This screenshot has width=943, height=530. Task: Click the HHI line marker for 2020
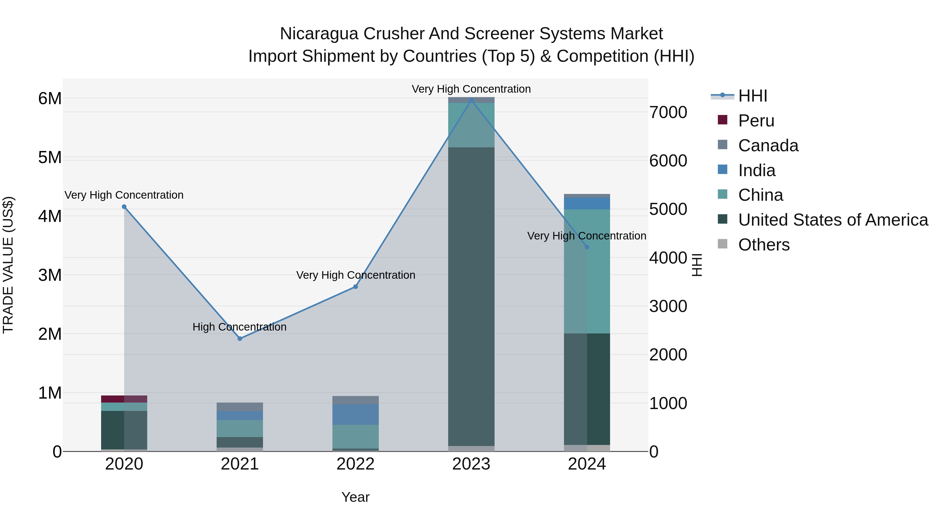[x=124, y=207]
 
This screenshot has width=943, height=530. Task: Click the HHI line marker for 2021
[x=240, y=339]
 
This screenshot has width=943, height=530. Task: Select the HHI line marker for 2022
[x=355, y=287]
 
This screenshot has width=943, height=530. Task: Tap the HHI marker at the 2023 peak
[x=471, y=100]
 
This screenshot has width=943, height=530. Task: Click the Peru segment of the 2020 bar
[x=124, y=399]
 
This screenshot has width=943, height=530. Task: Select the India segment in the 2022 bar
[x=355, y=414]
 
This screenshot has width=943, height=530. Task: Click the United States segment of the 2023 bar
[x=471, y=296]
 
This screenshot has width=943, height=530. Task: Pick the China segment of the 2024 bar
[x=587, y=271]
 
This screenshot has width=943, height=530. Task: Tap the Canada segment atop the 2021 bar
[x=240, y=407]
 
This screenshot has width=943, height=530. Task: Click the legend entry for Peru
[x=756, y=121]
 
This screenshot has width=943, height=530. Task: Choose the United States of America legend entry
[x=833, y=220]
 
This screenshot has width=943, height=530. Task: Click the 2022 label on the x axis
[x=355, y=464]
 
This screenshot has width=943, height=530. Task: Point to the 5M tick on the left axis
[x=50, y=158]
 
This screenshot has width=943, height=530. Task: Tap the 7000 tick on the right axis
[x=668, y=112]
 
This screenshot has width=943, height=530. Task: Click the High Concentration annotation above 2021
[x=239, y=327]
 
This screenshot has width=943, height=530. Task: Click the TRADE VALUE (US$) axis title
[x=8, y=265]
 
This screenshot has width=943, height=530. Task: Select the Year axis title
[x=355, y=497]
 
